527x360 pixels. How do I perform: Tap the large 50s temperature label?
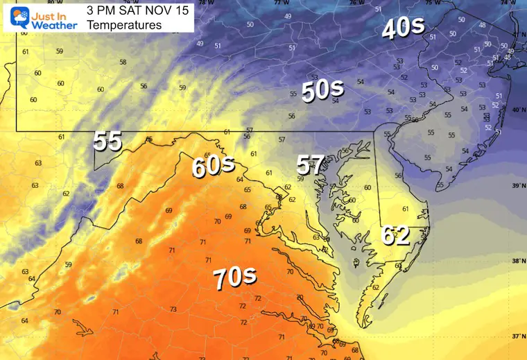pyautogui.click(x=322, y=89)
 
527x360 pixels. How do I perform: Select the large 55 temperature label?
pyautogui.click(x=107, y=141)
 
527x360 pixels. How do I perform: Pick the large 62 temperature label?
pyautogui.click(x=396, y=236)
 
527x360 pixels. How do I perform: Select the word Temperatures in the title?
pyautogui.click(x=125, y=25)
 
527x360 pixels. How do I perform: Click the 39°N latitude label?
pyautogui.click(x=517, y=186)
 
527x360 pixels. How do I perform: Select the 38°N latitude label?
pyautogui.click(x=517, y=262)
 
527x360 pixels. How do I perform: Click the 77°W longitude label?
pyautogui.click(x=281, y=3)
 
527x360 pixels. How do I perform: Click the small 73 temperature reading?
pyautogui.click(x=173, y=309)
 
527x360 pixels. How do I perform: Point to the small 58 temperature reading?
pyautogui.click(x=123, y=62)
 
